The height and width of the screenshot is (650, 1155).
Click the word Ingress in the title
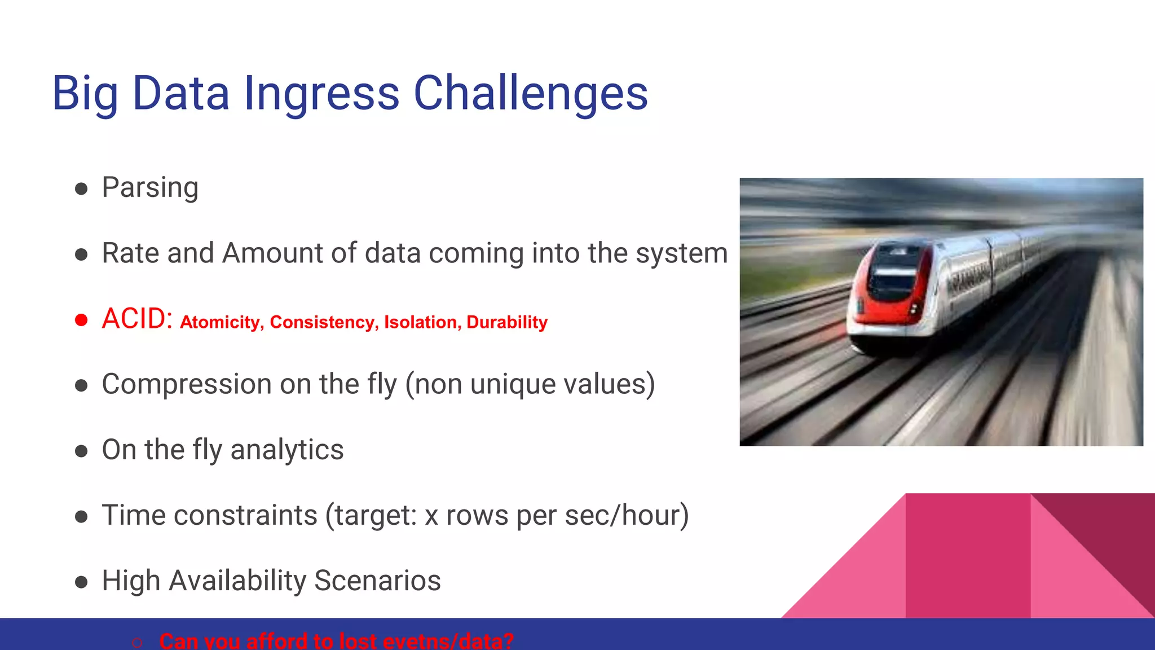321,94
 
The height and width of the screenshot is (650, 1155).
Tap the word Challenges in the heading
531,94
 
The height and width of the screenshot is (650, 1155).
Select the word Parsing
150,188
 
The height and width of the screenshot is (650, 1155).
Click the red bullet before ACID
81,320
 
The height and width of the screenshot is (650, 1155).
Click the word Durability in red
507,322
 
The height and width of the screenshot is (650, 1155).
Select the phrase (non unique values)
530,384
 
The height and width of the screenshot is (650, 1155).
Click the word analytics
286,450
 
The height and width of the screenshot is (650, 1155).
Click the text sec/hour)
627,515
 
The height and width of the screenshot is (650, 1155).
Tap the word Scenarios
377,581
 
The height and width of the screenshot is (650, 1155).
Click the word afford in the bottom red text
276,642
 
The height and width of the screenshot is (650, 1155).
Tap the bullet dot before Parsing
81,188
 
